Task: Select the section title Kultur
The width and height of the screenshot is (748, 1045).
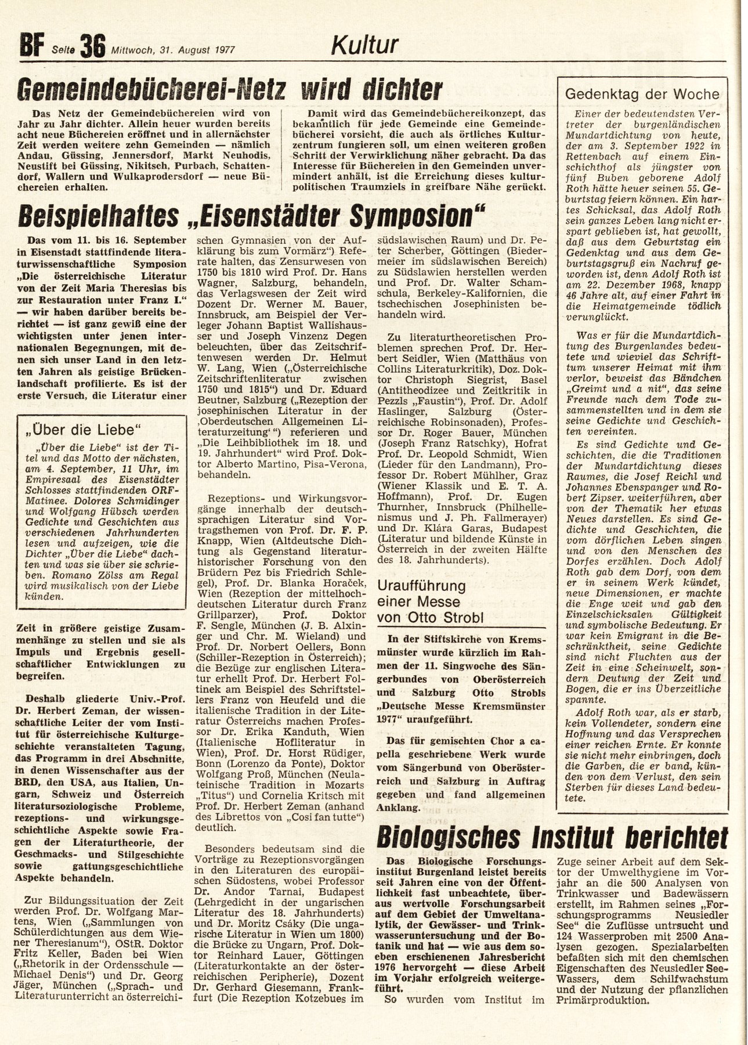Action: (364, 44)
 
